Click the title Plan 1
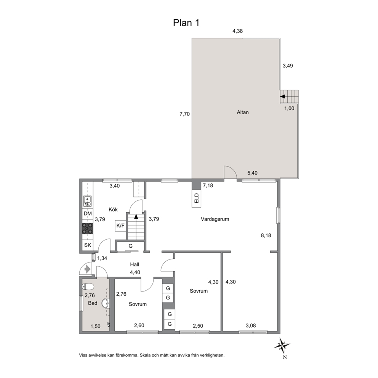click(186, 23)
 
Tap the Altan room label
click(242, 112)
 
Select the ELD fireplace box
click(197, 198)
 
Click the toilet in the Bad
click(88, 287)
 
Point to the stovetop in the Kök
click(88, 228)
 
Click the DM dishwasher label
click(88, 214)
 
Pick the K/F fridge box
click(120, 226)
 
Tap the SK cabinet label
click(88, 245)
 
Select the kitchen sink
click(87, 202)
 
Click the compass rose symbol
click(282, 346)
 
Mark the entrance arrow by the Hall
click(87, 269)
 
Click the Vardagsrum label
click(215, 219)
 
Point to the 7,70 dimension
click(185, 114)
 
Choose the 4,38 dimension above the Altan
click(237, 31)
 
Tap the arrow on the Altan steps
click(282, 96)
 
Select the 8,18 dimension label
click(266, 235)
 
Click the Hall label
click(135, 264)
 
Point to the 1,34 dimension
click(102, 258)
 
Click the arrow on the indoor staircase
click(136, 216)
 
